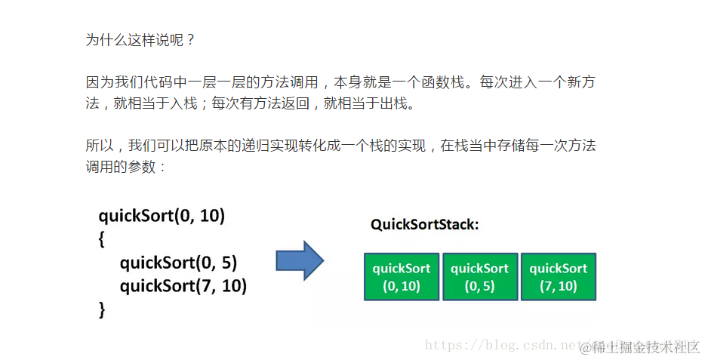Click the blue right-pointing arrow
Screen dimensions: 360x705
[x=300, y=260]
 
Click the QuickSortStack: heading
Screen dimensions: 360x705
[x=425, y=224]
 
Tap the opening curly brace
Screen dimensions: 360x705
[x=103, y=239]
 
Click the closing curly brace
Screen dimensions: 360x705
[x=103, y=309]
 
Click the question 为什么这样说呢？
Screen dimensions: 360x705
[x=140, y=40]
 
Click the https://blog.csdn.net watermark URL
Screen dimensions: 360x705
[x=498, y=346]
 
